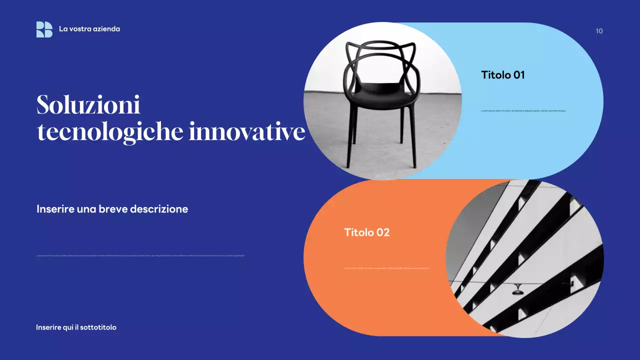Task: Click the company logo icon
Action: point(44,29)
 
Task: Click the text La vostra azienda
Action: point(89,29)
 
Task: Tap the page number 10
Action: point(599,31)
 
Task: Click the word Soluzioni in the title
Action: point(88,105)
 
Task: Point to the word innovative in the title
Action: point(247,132)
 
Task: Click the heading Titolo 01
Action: point(502,75)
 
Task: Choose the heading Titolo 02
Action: point(366,232)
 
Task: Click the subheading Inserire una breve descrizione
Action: point(112,209)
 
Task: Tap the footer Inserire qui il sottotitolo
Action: point(76,327)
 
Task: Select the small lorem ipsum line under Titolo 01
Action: point(523,110)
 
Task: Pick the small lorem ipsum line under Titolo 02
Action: point(386,268)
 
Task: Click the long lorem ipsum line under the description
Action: point(140,256)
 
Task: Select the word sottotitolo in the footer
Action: point(98,327)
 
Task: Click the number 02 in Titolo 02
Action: point(382,232)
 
